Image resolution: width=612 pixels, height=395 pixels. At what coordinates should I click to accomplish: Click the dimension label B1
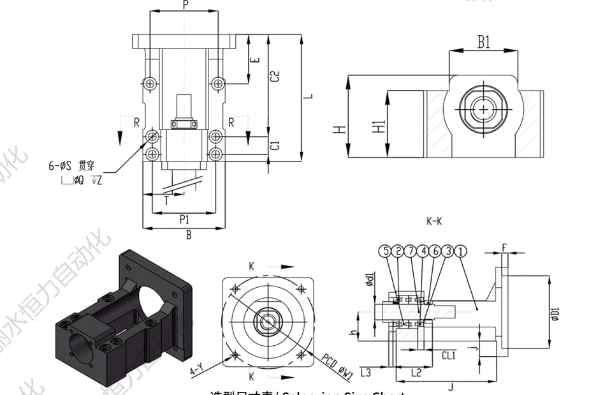click(484, 42)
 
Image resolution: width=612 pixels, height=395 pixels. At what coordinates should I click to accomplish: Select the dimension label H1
click(379, 126)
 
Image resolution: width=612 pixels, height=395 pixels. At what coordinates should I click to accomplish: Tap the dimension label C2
click(275, 75)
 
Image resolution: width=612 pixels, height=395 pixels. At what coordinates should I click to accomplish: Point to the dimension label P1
click(184, 219)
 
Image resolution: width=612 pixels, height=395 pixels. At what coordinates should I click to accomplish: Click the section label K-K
click(433, 221)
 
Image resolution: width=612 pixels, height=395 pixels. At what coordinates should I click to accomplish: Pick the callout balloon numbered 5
click(385, 251)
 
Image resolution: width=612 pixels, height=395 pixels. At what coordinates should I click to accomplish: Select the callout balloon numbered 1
click(461, 251)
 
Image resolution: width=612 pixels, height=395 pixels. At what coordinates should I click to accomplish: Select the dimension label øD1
click(555, 315)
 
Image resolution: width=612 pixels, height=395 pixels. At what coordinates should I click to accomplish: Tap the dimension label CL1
click(449, 355)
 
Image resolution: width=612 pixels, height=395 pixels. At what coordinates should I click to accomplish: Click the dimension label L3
click(366, 371)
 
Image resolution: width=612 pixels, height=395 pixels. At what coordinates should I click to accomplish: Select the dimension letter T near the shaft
click(166, 200)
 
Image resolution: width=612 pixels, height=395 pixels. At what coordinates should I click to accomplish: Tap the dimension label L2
click(416, 371)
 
